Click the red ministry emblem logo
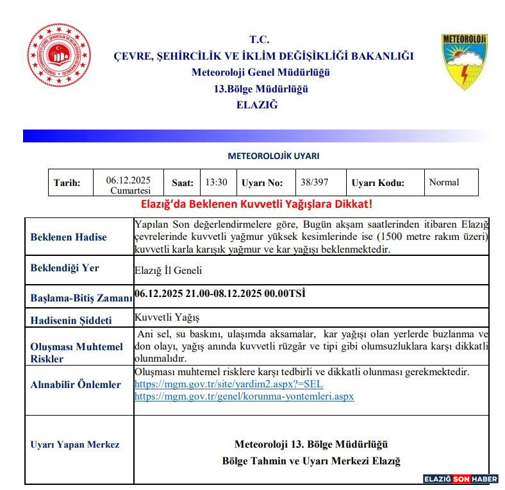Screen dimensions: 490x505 click(59, 55)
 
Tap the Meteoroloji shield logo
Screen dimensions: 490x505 click(465, 62)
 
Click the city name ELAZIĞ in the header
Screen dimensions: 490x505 click(257, 105)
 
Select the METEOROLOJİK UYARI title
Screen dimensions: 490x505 click(273, 156)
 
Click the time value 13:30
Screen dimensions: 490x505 click(216, 182)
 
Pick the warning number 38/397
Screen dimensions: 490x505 click(314, 182)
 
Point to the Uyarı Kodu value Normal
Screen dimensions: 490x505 click(444, 182)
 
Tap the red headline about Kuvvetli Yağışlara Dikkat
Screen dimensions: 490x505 click(256, 205)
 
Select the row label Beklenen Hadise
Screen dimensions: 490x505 click(69, 237)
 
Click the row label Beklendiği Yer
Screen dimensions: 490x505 click(65, 268)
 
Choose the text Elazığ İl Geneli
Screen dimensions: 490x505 click(169, 271)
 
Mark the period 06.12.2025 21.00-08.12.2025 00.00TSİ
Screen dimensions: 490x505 click(220, 294)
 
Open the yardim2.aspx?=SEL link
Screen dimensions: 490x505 click(228, 384)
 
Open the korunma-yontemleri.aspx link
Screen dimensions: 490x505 click(244, 396)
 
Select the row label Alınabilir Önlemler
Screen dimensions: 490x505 click(76, 385)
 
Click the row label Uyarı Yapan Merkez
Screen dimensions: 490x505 click(74, 444)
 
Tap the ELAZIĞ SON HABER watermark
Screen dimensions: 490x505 click(460, 478)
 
